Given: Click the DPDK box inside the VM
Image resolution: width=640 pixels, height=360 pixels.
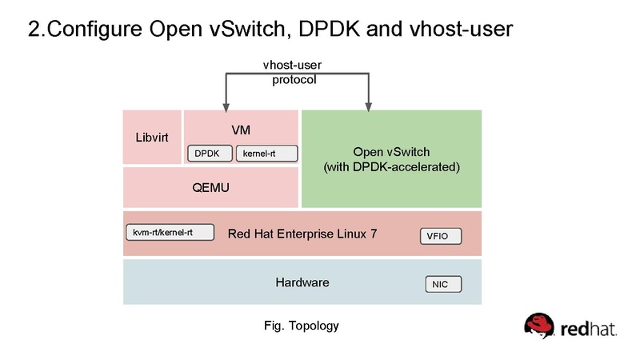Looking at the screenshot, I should [x=210, y=153].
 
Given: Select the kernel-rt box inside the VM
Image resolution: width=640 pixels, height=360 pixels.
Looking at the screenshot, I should [x=266, y=153].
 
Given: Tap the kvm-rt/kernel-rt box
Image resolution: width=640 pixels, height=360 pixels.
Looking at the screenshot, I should [x=170, y=233].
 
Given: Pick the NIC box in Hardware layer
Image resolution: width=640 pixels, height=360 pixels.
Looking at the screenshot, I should [x=442, y=284].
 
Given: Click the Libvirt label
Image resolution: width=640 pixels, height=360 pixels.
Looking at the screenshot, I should [x=152, y=137].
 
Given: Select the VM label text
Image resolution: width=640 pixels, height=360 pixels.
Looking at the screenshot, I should [x=241, y=128].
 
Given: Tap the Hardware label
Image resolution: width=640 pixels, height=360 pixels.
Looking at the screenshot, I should [x=302, y=282].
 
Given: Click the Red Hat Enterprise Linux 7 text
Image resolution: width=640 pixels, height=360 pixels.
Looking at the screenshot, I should [x=302, y=234].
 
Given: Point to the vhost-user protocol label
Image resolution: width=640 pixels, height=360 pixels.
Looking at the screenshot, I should [x=294, y=73].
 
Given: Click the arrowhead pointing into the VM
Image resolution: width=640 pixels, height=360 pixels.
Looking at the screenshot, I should [x=227, y=105].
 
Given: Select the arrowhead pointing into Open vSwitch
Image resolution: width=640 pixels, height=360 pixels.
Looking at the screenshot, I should [x=368, y=105].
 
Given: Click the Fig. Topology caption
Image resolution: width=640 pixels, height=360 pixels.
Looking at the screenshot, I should [x=302, y=326].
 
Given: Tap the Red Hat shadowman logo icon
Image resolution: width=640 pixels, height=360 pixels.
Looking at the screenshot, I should [x=539, y=326].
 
